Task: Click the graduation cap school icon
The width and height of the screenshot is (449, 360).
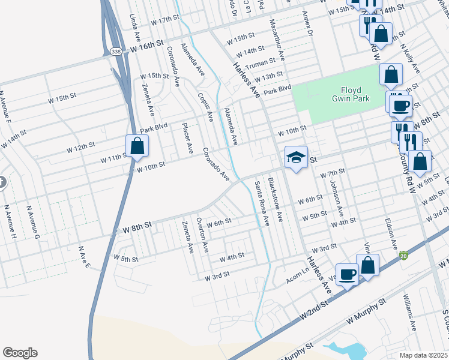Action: point(296,157)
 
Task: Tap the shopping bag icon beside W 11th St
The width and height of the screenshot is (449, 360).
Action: point(137,146)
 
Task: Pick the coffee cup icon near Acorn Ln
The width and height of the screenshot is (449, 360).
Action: point(347,274)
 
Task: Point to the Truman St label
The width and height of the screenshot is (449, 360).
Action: point(261,61)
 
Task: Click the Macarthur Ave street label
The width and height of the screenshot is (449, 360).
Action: point(278,37)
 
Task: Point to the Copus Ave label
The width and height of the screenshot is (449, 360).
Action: point(205,107)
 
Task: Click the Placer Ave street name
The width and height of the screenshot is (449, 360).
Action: point(188,137)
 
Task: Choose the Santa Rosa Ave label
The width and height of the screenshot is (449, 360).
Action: point(261,201)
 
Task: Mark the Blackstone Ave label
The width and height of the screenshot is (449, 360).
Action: point(275,197)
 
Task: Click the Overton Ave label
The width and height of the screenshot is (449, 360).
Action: point(204,235)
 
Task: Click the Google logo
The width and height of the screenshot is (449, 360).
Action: point(20,353)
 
